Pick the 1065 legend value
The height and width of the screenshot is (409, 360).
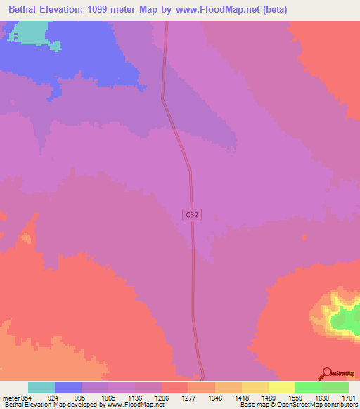pyautogui.click(x=108, y=398)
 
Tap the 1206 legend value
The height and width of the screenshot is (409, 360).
pyautogui.click(x=161, y=398)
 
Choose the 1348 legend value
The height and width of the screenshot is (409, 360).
pyautogui.click(x=214, y=398)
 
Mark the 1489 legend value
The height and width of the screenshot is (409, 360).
pyautogui.click(x=267, y=398)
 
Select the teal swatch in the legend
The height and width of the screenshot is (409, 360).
pyautogui.click(x=41, y=387)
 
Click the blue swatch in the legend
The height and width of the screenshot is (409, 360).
pyautogui.click(x=68, y=387)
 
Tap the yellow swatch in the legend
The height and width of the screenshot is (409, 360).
pyautogui.click(x=282, y=387)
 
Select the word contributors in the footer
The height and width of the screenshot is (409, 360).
pyautogui.click(x=340, y=405)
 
